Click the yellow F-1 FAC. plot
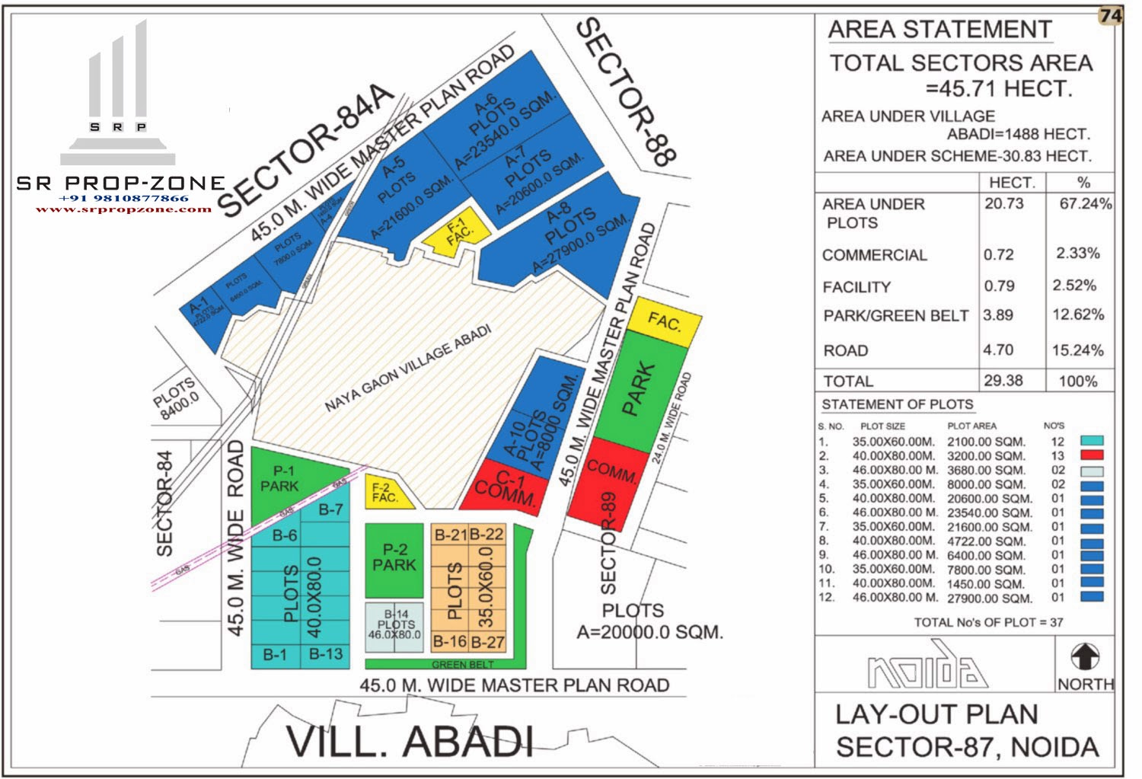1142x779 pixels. (452, 232)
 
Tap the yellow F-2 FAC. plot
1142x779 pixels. (386, 493)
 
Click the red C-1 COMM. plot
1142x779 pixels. (506, 488)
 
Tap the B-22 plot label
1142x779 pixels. (486, 535)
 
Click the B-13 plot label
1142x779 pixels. (326, 654)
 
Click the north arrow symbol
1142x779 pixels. (1085, 656)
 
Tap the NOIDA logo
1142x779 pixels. (927, 668)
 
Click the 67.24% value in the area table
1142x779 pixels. (1085, 204)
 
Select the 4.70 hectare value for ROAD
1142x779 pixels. (998, 350)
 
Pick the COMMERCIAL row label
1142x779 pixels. (875, 255)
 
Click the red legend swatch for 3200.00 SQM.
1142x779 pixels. (1092, 455)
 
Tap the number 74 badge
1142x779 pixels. (1111, 16)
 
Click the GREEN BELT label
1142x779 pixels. (462, 665)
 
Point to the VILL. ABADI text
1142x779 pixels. (409, 741)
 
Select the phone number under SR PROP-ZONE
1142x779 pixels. (123, 198)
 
